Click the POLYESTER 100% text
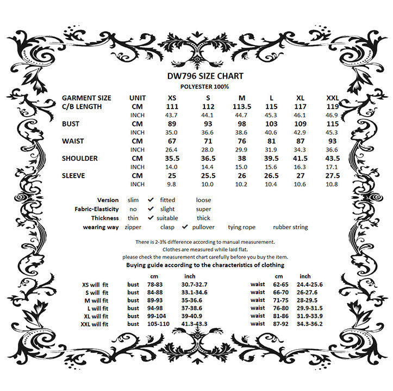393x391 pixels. (x=204, y=86)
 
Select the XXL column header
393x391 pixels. (x=333, y=98)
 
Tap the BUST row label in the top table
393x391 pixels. (x=71, y=124)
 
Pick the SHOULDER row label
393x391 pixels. (x=80, y=159)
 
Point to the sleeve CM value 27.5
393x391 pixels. (x=333, y=176)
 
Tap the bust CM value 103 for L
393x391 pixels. (x=271, y=124)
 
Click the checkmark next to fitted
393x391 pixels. (x=151, y=200)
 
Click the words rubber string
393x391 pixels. (x=290, y=227)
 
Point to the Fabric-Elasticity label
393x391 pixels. (x=97, y=209)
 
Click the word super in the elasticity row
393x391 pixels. (x=204, y=209)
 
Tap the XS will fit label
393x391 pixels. (x=95, y=284)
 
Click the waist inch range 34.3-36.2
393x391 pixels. (x=309, y=324)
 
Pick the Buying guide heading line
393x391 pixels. (x=205, y=265)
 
